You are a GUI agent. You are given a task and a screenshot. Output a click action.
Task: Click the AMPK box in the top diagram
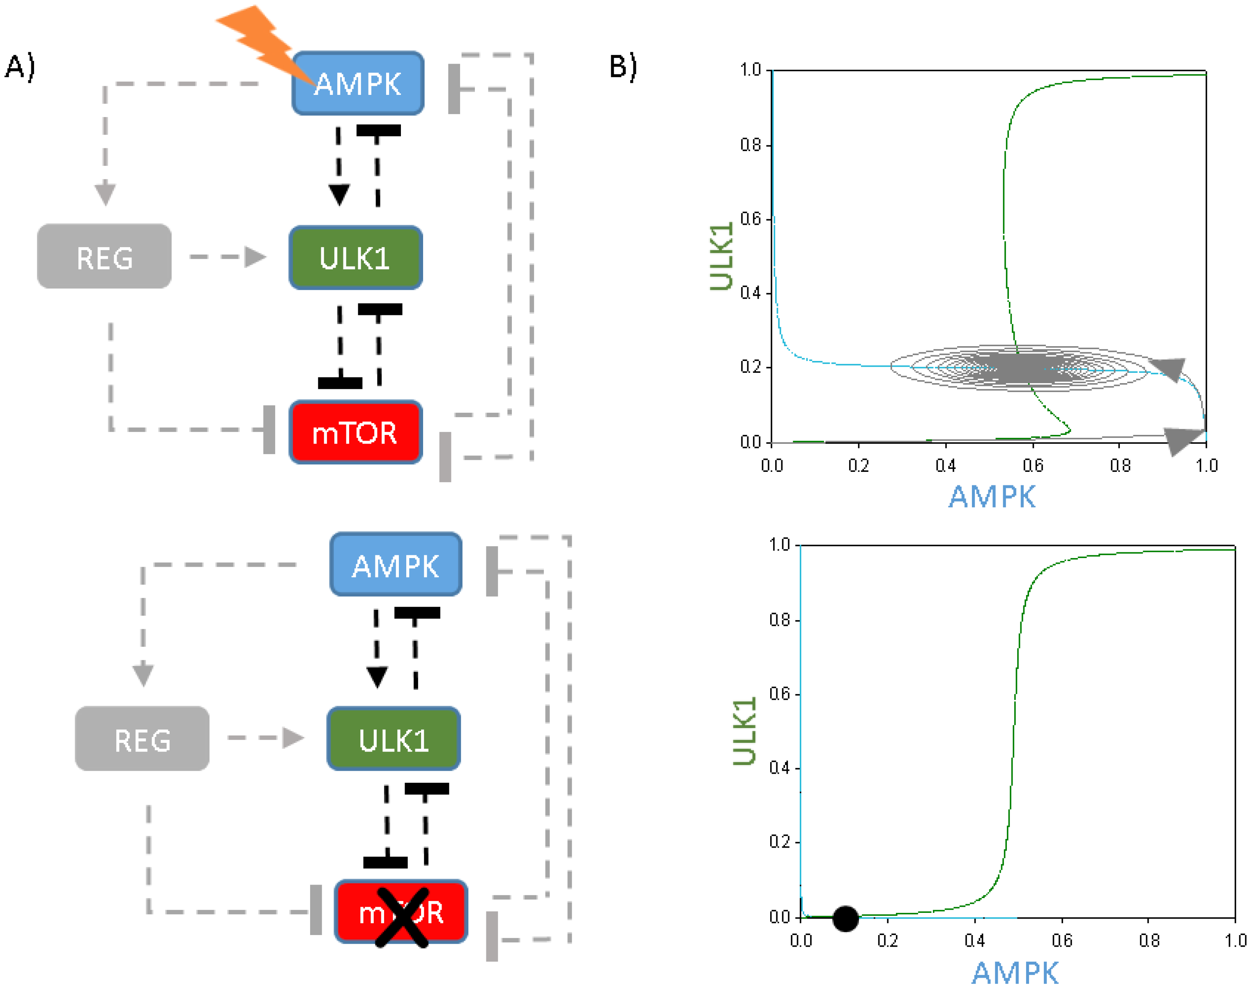(358, 83)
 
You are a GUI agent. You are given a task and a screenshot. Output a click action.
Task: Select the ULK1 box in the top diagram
(355, 257)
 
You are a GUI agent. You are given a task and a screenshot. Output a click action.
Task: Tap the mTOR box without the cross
(355, 432)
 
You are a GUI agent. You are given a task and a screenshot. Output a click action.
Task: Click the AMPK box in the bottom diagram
(396, 565)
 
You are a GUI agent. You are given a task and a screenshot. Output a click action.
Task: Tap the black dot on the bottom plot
(845, 918)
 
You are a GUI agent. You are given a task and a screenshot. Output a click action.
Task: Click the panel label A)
(20, 66)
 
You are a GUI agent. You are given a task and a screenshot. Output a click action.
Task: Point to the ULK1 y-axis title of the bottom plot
(744, 731)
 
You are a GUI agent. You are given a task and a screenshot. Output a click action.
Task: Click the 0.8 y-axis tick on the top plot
(751, 145)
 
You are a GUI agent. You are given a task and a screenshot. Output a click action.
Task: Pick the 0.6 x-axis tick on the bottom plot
(1062, 940)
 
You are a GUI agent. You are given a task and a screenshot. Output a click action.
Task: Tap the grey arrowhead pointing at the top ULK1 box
(255, 257)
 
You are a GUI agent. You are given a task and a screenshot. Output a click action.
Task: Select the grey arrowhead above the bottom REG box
(143, 675)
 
